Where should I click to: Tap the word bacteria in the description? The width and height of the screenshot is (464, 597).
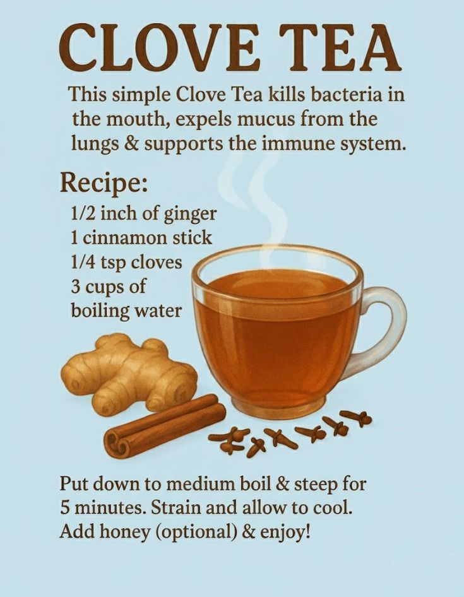click(346, 94)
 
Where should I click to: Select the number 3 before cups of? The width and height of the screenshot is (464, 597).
click(75, 287)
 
